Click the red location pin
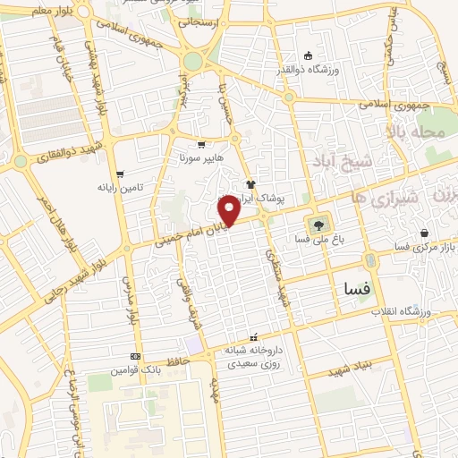229,208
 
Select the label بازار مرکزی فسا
427,245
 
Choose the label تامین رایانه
120,189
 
